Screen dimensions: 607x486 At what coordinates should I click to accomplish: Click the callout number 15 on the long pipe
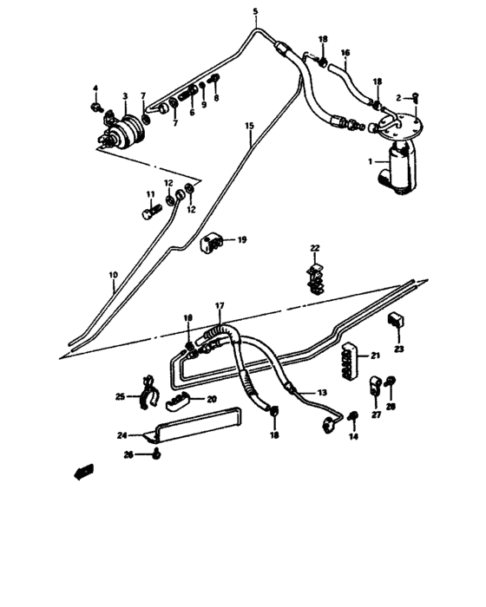pyautogui.click(x=249, y=127)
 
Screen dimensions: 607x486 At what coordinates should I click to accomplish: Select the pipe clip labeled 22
pyautogui.click(x=317, y=273)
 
